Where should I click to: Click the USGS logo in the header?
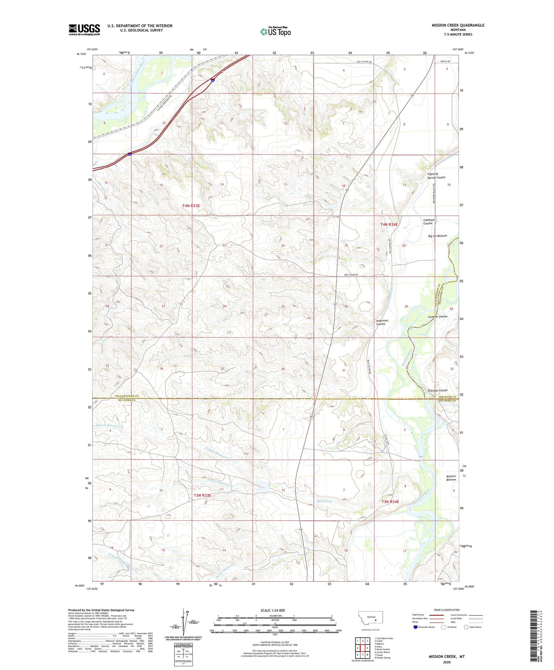point(84,30)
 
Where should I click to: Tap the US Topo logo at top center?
point(275,31)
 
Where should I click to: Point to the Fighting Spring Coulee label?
point(436,176)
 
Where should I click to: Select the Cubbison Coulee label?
point(429,221)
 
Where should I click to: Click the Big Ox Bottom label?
point(437,236)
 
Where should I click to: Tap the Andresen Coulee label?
point(382,322)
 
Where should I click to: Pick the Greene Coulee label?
point(438,317)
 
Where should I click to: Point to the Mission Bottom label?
point(451,478)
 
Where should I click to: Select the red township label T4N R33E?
point(191,205)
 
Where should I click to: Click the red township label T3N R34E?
point(390,501)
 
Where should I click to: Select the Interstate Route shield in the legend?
point(415,627)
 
